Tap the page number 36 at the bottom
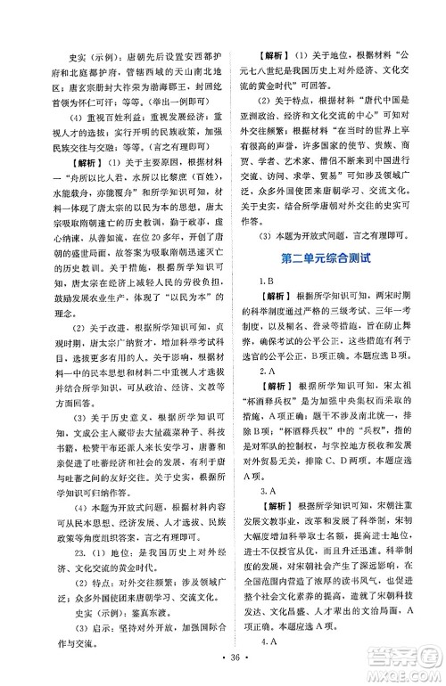click(x=222, y=664)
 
